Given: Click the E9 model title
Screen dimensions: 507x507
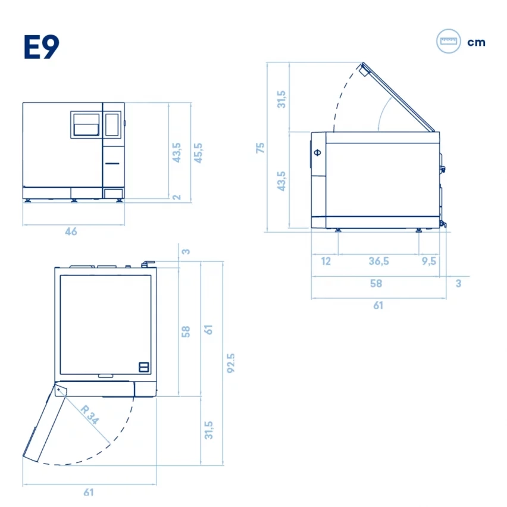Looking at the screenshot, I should pos(42,47).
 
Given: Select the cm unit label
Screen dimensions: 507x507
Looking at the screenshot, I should pos(476,42).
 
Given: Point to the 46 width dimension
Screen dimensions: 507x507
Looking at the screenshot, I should pos(71,231).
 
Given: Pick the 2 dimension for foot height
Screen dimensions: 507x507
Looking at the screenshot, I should pos(177,197).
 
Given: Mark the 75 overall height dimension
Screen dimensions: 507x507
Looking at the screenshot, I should pos(260,148).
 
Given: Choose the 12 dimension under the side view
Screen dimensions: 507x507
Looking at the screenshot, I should pos(326,261).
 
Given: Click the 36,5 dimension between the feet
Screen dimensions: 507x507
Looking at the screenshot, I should pos(378,261).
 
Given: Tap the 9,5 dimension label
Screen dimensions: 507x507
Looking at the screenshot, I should pos(428,261).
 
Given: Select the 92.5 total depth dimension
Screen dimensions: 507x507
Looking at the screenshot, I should pos(231,363).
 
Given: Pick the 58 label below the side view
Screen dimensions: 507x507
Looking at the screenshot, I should pos(375,284).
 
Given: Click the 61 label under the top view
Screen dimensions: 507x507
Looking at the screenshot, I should pos(89,492).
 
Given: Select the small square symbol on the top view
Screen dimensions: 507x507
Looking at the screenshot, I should pos(143,367).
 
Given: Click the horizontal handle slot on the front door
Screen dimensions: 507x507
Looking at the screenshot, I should pos(112,161).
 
